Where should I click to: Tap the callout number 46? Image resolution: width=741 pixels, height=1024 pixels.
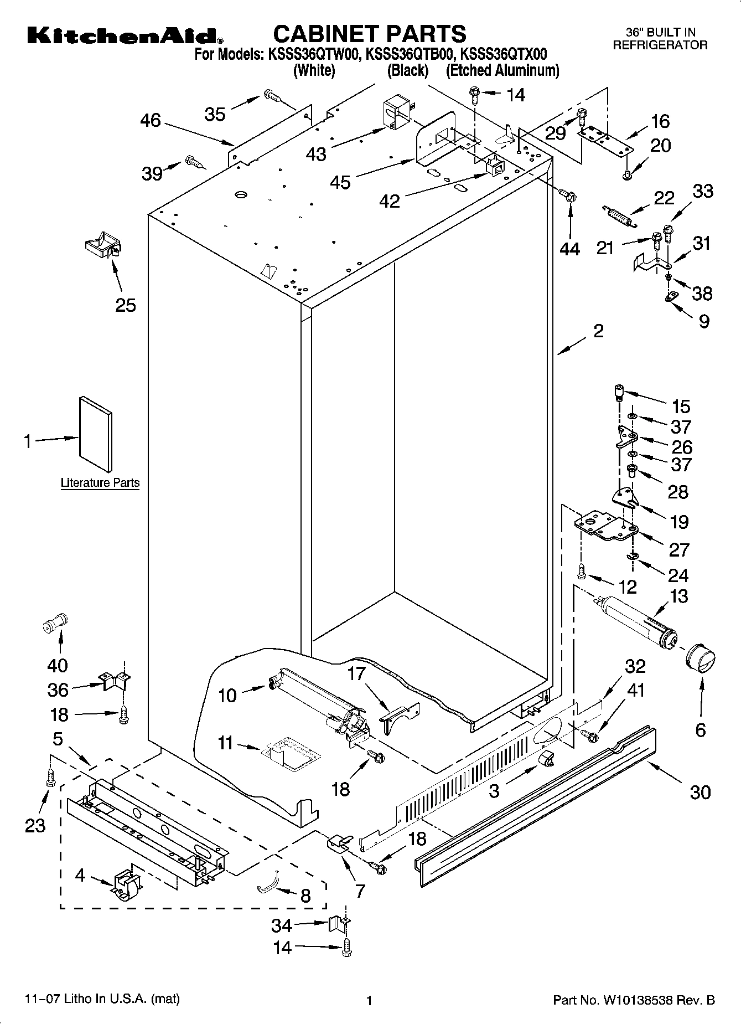150,120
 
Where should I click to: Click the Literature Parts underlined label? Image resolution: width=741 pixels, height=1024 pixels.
100,482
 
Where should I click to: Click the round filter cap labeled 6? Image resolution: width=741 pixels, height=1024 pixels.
699,660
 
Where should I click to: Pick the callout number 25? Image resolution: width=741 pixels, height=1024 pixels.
126,305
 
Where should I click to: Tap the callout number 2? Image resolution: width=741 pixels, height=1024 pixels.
598,331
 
